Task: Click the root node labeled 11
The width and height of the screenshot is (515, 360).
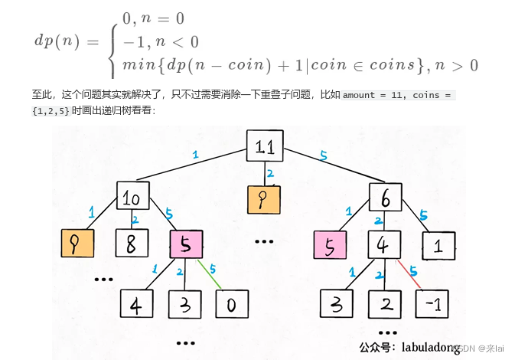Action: (x=265, y=146)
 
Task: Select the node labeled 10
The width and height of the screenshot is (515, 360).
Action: (x=132, y=198)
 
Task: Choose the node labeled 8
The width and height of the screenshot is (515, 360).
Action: (x=132, y=244)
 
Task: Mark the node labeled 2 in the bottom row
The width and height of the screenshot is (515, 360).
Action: (x=384, y=303)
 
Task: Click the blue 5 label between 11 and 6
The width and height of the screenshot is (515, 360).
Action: (x=324, y=155)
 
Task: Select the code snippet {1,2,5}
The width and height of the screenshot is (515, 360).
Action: (x=52, y=110)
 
